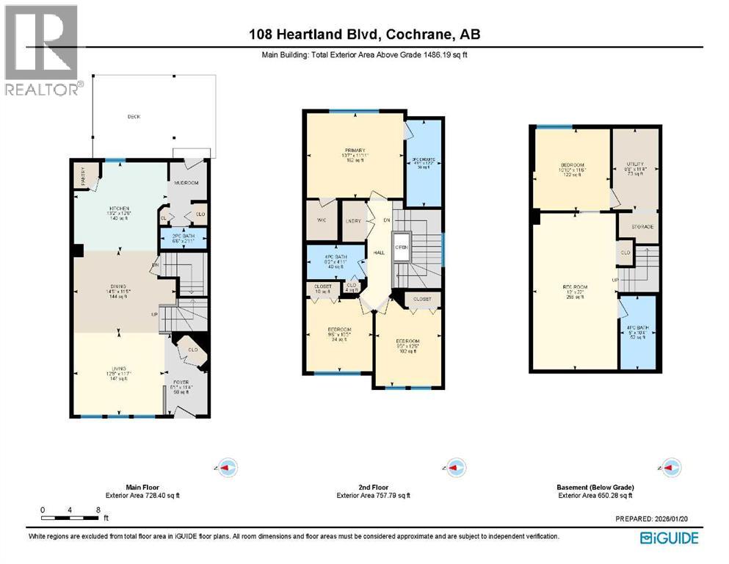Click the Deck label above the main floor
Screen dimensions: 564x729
(x=134, y=117)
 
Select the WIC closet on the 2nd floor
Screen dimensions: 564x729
(x=322, y=221)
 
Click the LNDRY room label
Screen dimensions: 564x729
(x=355, y=221)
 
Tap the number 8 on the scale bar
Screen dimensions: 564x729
(x=98, y=510)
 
